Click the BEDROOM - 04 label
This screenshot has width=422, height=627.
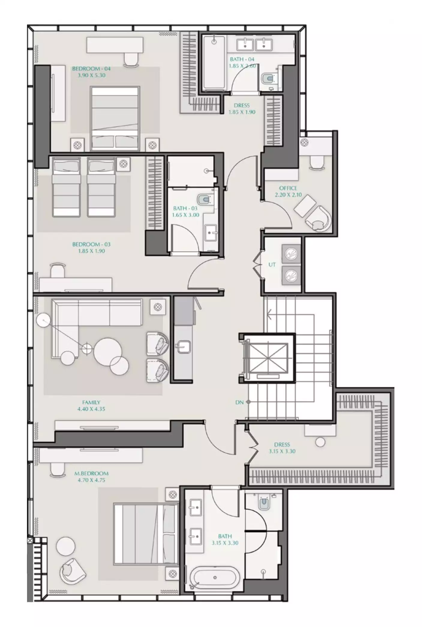(91, 69)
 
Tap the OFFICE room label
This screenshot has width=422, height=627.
(288, 188)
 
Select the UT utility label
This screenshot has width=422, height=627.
(272, 265)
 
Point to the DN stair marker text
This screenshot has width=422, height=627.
(239, 403)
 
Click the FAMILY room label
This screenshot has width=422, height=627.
(91, 403)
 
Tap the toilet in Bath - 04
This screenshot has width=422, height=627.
(268, 79)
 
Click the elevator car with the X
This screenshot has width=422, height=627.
(267, 358)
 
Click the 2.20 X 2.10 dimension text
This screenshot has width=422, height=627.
(288, 195)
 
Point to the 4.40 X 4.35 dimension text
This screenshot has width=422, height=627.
(91, 409)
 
